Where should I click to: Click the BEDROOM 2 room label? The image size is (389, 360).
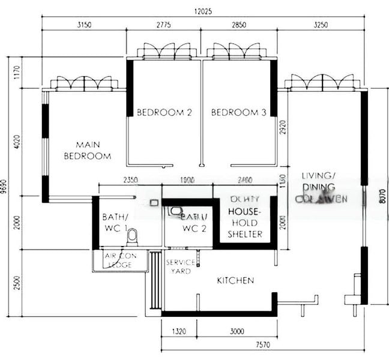164,112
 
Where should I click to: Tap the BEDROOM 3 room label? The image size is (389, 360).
238,112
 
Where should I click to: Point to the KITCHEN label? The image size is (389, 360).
235,280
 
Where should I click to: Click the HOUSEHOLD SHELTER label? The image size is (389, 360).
245,223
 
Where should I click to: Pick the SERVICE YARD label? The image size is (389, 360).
181,267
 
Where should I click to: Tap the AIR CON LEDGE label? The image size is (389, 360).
120,260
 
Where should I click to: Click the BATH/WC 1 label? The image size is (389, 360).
115,223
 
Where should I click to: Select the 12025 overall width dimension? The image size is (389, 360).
202,11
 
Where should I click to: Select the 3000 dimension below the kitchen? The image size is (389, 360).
237,329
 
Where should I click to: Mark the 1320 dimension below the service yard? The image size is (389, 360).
179,329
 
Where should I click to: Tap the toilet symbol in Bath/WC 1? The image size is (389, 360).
133,237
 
